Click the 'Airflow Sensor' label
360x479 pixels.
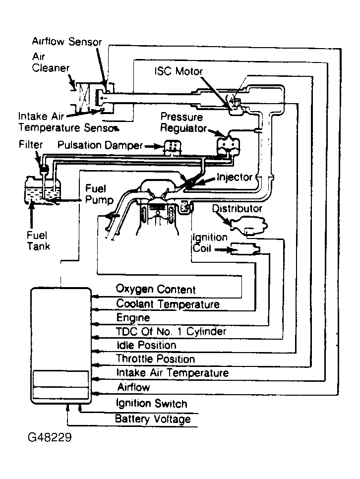66,42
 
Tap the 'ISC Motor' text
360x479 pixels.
179,71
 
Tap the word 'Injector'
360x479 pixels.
235,177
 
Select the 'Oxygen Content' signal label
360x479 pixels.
156,289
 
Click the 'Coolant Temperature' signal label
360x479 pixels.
168,304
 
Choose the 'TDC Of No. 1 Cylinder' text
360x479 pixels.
171,331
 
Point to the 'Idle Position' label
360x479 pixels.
146,345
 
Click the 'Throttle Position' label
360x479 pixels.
155,359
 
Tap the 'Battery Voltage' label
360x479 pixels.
153,419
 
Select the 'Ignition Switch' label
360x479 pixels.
151,403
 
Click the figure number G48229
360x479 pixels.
50,437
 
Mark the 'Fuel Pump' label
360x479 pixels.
99,194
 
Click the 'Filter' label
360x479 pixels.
31,144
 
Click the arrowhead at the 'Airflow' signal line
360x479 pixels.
95,393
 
